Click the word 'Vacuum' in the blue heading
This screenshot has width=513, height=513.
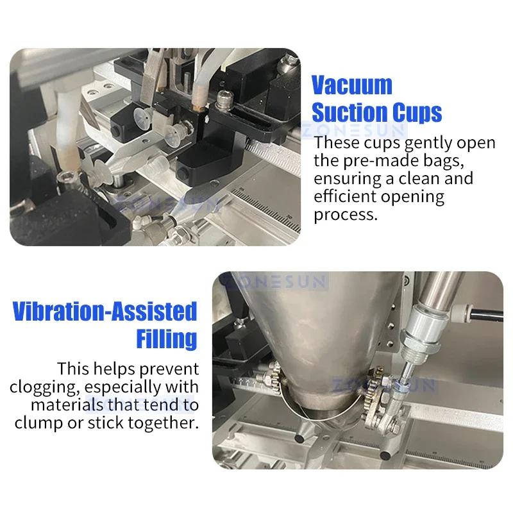[x=351, y=85]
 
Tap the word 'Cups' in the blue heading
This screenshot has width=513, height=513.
[x=414, y=113]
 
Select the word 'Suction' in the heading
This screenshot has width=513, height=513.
[x=348, y=113]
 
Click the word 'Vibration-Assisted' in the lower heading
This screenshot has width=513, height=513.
[x=105, y=312]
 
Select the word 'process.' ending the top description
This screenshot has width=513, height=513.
[x=346, y=214]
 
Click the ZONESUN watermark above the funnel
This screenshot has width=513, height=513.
[x=273, y=281]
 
